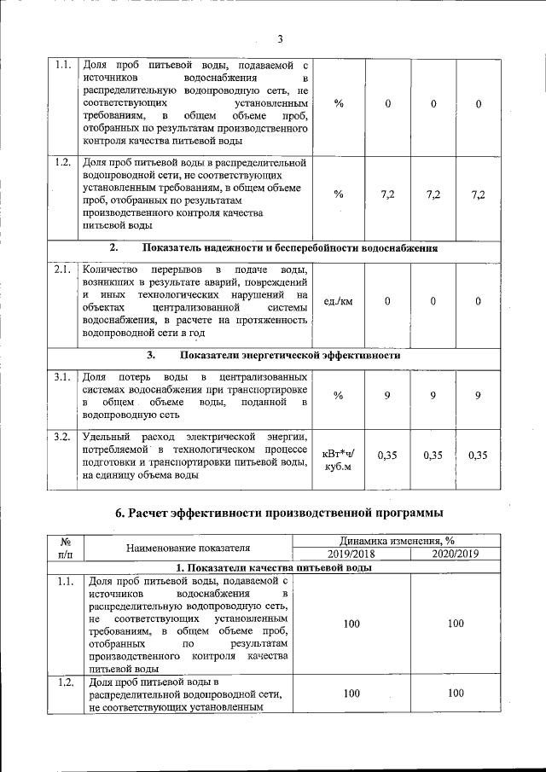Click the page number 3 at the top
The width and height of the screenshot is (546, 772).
279,38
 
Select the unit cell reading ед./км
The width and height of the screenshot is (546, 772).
339,301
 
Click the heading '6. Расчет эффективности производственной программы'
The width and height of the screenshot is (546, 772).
279,513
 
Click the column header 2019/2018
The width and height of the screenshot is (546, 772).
351,554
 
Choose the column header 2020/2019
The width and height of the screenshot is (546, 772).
455,554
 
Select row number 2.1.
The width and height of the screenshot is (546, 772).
61,270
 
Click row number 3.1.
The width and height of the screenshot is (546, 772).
61,377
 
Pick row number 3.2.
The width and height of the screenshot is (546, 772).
61,438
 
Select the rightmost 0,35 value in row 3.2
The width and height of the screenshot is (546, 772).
479,456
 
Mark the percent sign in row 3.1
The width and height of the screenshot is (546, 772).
339,396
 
